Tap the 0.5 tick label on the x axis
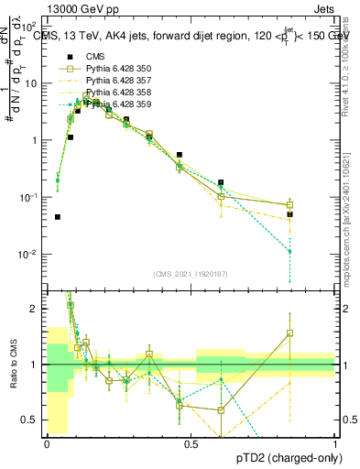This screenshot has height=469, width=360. [191, 443]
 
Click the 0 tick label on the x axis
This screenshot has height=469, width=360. [47, 443]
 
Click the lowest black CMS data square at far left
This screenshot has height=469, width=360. [58, 217]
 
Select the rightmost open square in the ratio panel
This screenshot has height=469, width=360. [289, 333]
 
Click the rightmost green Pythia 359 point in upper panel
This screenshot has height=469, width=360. [289, 251]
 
